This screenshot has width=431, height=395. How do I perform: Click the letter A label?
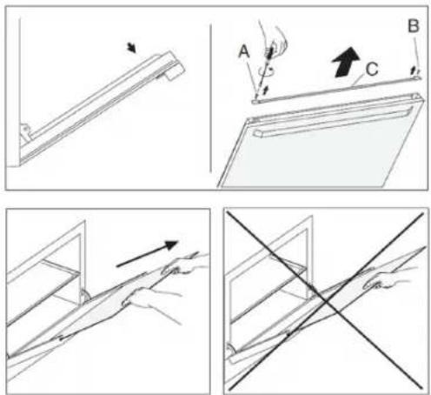point(244,52)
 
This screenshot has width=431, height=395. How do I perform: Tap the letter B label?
point(414,26)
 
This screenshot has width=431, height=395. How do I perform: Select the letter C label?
point(372,70)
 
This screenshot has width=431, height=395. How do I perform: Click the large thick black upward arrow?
point(346,62)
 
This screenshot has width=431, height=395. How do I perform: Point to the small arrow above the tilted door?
point(131,48)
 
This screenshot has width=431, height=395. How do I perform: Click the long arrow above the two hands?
point(147,253)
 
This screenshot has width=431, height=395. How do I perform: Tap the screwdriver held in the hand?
point(263,72)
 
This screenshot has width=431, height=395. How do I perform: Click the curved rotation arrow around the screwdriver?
point(267,71)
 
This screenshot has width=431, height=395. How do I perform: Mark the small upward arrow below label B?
point(414,70)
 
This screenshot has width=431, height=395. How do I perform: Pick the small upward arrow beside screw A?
point(265,90)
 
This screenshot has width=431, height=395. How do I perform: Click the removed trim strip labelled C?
point(336,90)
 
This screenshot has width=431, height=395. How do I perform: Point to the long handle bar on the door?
point(333,123)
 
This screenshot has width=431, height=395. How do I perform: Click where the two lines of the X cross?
point(328,302)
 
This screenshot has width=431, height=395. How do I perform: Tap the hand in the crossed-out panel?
point(387,280)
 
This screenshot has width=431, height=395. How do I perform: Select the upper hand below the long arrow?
point(184,265)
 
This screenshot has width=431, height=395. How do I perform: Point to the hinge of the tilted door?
point(24,132)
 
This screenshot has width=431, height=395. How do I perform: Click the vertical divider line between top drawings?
point(210,98)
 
